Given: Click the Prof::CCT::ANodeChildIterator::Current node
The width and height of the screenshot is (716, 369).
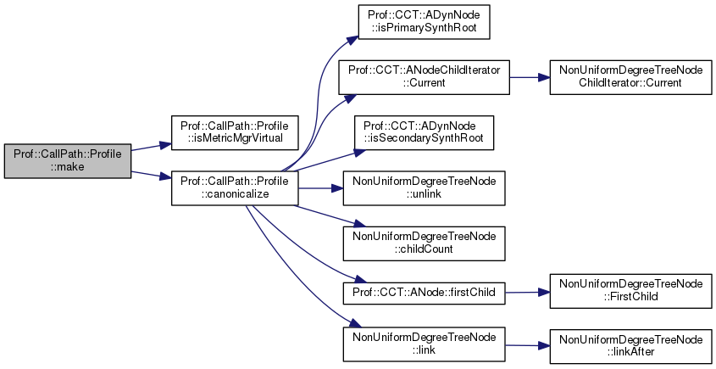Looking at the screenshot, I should pyautogui.click(x=424, y=77).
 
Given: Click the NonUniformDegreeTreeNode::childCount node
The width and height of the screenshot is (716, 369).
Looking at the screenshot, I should pyautogui.click(x=424, y=242).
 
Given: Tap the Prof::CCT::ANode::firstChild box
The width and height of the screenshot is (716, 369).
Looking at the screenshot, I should pyautogui.click(x=424, y=292).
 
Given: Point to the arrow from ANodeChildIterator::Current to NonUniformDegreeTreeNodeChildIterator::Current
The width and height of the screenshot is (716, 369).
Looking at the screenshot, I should pyautogui.click(x=530, y=77).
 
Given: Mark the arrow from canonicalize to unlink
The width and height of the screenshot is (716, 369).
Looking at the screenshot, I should pyautogui.click(x=319, y=188).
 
